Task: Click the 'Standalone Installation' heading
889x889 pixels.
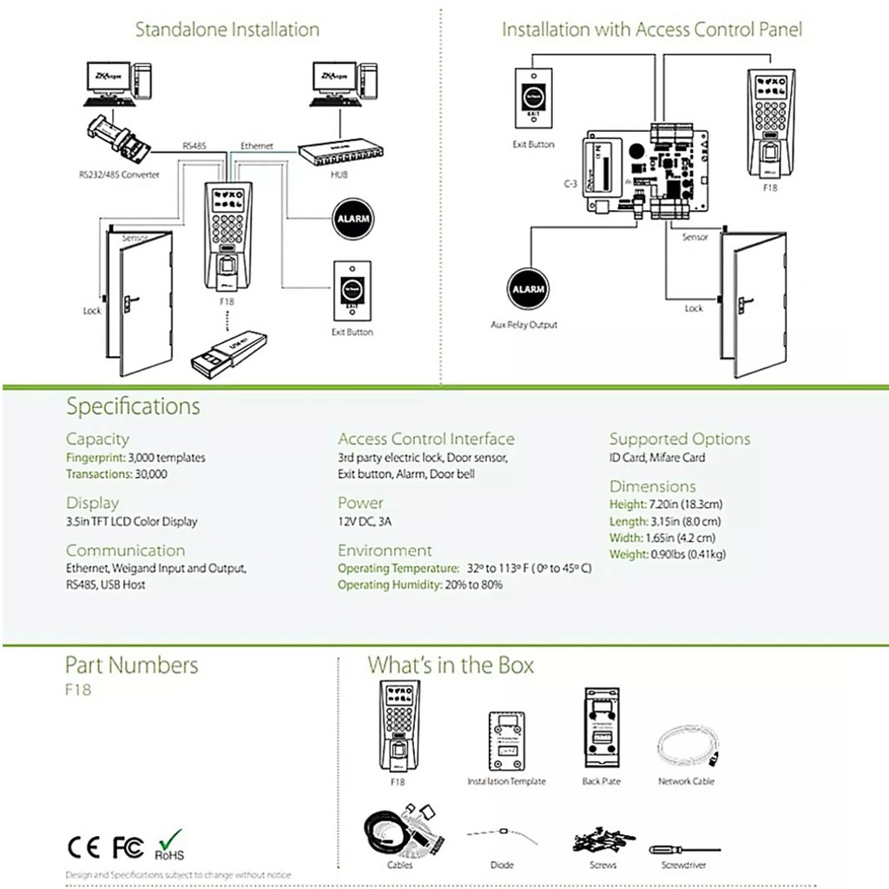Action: click(227, 30)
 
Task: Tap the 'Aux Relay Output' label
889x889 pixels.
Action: click(524, 325)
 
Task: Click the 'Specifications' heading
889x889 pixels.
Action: click(133, 406)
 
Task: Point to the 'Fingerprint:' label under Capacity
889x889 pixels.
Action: click(95, 458)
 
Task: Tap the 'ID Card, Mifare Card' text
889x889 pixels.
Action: click(657, 458)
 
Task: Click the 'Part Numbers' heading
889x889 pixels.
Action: click(132, 665)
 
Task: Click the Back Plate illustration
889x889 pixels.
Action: click(603, 729)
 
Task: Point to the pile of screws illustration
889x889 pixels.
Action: click(602, 842)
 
